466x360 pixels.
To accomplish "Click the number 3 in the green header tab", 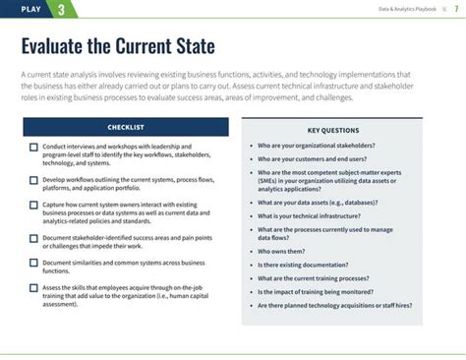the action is point(62,10).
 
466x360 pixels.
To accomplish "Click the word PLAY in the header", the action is point(29,10).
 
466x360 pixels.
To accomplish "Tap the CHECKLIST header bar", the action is point(125,127).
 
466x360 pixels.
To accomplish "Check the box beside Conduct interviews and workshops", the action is point(33,148).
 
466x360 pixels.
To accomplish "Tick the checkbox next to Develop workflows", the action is point(33,180).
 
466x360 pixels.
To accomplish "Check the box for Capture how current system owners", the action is point(33,205).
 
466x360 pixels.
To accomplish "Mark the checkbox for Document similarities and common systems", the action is point(33,263).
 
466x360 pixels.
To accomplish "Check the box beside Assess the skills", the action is point(33,288).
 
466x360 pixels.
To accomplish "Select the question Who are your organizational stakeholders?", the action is point(315,144).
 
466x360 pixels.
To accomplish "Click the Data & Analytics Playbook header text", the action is point(408,10).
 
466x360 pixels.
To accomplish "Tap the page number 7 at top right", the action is point(455,10).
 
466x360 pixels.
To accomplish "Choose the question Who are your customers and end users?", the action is point(312,157).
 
